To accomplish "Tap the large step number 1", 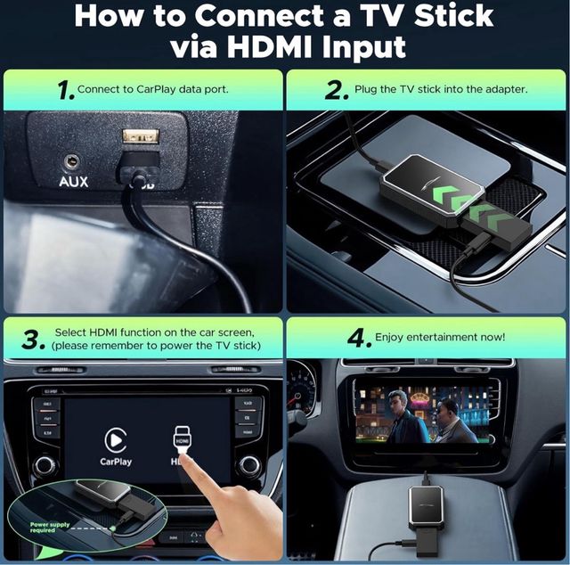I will [x=63, y=90].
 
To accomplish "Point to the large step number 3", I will [x=33, y=340].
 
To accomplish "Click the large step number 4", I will [x=356, y=340].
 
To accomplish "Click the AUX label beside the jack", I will [x=73, y=182].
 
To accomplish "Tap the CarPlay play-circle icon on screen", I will [x=116, y=438].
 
